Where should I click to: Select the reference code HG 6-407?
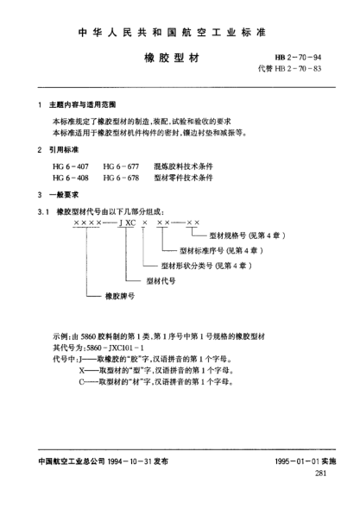pos(71,165)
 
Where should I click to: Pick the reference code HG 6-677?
pos(121,165)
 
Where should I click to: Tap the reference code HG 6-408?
pos(71,177)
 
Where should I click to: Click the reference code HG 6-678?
pos(121,177)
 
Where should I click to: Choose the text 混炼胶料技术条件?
pos(184,165)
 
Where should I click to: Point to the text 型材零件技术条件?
pos(184,177)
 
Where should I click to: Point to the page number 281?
pos(322,474)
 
